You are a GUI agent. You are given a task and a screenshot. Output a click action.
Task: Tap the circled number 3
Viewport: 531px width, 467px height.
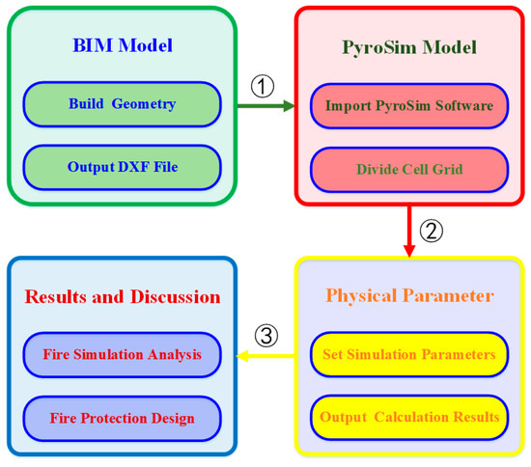(x=265, y=336)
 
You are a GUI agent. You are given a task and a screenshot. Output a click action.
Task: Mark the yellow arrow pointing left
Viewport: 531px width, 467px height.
(x=265, y=356)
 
